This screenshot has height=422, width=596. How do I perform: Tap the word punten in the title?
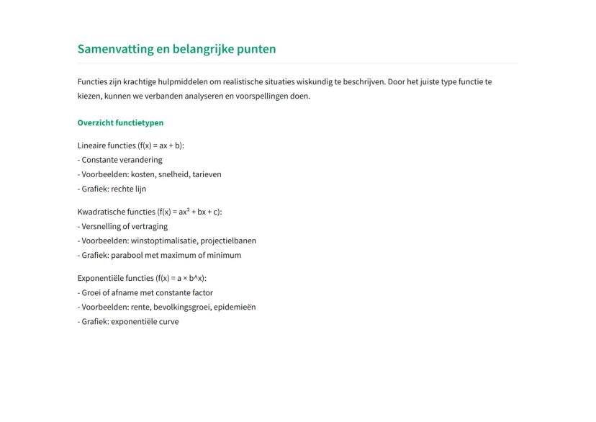click(255, 50)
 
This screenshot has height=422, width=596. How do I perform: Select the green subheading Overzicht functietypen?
click(120, 122)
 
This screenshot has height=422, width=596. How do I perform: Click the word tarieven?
click(207, 174)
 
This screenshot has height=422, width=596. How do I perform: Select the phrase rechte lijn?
click(129, 189)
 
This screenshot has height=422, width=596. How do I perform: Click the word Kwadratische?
click(99, 212)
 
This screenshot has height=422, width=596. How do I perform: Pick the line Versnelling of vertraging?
click(124, 226)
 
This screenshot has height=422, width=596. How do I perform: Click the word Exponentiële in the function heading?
click(99, 278)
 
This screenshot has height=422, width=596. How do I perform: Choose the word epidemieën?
click(235, 307)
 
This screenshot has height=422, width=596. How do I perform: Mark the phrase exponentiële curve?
click(145, 321)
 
